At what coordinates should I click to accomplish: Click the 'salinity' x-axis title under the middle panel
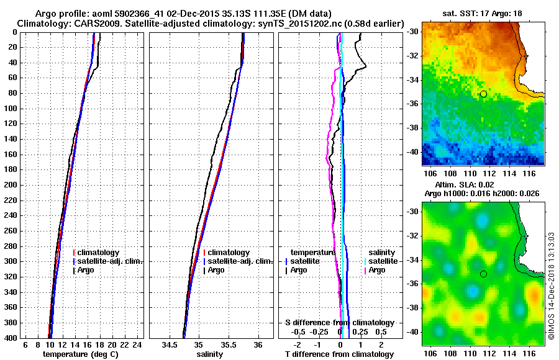click(x=211, y=354)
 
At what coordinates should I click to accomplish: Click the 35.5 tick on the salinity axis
click(x=228, y=345)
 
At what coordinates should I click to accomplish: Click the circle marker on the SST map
click(x=483, y=94)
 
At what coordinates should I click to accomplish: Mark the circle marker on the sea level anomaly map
click(x=483, y=274)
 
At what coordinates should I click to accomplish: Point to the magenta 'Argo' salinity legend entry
click(x=378, y=270)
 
